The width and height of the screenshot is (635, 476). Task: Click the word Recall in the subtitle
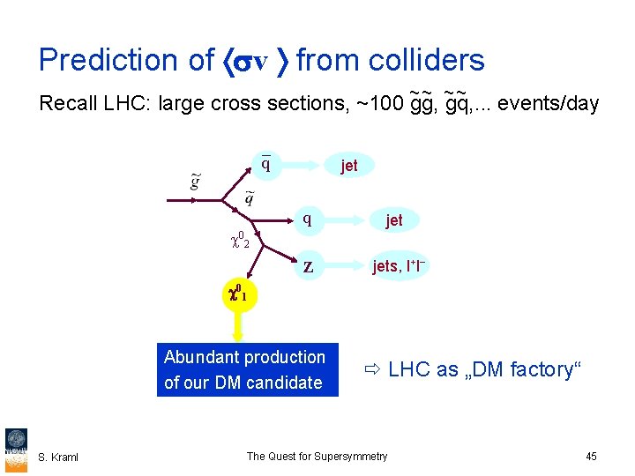(67, 103)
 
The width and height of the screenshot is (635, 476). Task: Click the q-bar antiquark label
(265, 164)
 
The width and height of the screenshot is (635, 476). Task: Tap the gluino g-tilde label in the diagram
(195, 182)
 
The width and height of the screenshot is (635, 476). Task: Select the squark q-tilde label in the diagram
(250, 198)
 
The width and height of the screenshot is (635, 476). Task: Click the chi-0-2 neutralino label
(239, 239)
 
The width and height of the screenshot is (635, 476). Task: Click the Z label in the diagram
(308, 266)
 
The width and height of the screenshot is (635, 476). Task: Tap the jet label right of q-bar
(349, 166)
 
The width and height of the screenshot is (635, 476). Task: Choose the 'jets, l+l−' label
(400, 266)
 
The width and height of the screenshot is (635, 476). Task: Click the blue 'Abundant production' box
(247, 369)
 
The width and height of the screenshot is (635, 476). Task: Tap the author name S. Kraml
(58, 457)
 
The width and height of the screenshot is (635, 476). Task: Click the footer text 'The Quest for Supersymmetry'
(317, 456)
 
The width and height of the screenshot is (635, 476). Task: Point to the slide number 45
(591, 456)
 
